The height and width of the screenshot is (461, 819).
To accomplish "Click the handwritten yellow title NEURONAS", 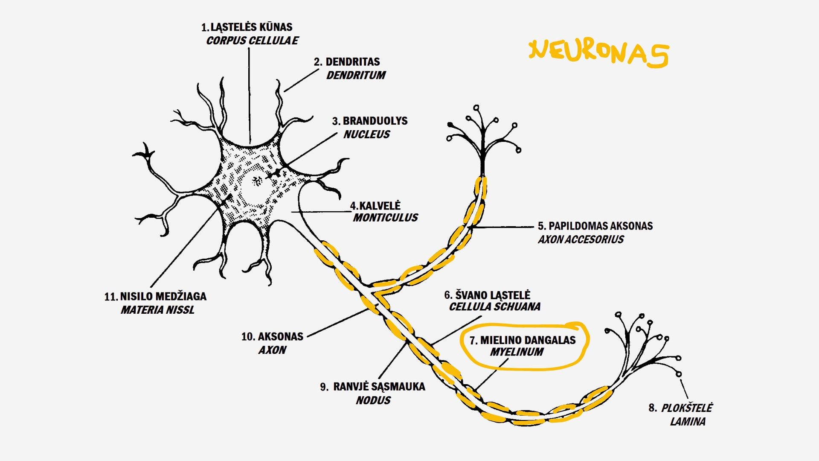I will pos(599,54).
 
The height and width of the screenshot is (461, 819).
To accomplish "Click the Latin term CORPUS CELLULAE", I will pos(252,41).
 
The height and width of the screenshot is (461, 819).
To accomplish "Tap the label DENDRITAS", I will pos(352,62).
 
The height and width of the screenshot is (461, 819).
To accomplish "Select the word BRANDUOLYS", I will pos(375,121).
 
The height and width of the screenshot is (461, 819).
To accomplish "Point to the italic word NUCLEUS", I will pos(366,134).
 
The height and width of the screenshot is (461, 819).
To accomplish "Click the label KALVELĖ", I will pos(380,206).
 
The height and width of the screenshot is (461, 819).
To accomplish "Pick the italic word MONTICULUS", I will pos(385,218).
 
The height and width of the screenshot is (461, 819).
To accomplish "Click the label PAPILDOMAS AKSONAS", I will pos(600,226).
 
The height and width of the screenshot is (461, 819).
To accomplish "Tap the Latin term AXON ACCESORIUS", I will pos(581,239).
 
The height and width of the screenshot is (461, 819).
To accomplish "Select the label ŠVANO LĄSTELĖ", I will pos(493,295).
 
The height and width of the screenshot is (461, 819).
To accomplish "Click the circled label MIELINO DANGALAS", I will pos(528,340).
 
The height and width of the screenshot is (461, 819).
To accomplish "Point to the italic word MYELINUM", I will pos(517,352).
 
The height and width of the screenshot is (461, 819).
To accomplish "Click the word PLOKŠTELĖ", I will pos(686,408).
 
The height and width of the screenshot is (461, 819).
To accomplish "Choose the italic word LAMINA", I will pos(688,422).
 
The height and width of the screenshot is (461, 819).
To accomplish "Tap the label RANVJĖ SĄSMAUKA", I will pos(379,387).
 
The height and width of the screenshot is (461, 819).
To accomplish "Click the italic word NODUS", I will pos(373,400).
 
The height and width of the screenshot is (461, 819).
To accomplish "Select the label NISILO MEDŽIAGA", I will pos(163,296).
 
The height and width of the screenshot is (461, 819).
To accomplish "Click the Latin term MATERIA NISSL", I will pos(157,310).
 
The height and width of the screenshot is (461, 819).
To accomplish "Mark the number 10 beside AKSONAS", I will pos(248,337).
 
